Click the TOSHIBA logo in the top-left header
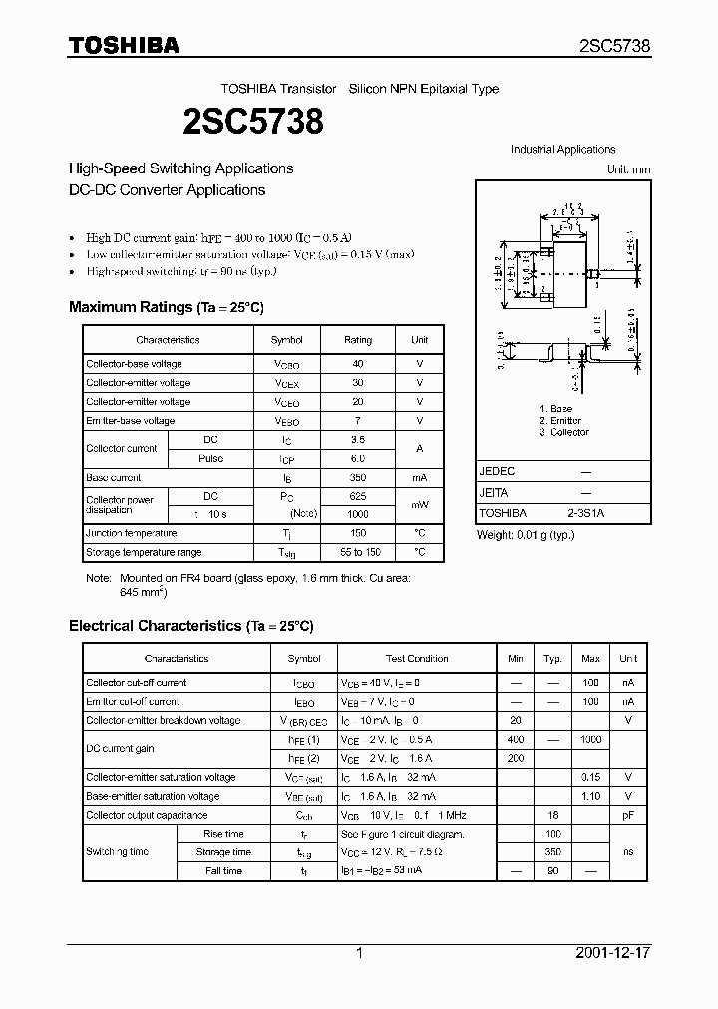point(124,45)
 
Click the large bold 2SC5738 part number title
point(252,122)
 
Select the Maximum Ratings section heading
point(166,307)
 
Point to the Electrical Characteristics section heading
point(190,626)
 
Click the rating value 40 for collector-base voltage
point(358,364)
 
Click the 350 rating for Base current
point(358,478)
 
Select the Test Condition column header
point(417,659)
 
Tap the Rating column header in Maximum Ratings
point(358,340)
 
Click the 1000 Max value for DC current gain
point(590,740)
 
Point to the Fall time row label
point(223,870)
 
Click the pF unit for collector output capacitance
point(628,815)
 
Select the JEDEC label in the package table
point(497,471)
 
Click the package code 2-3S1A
point(585,513)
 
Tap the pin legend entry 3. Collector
point(563,432)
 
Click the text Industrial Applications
point(562,150)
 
